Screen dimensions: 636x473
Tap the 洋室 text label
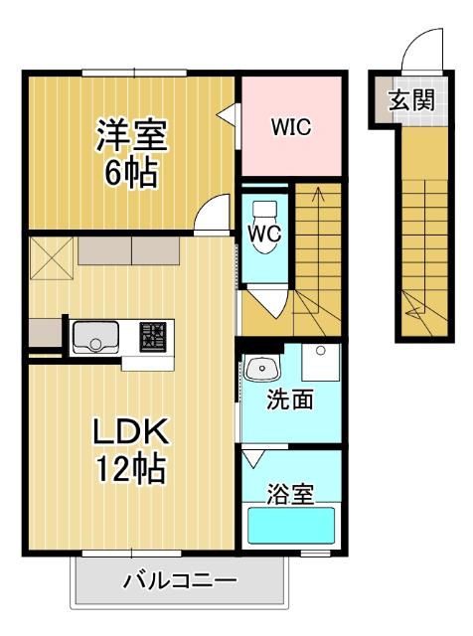coord(130,135)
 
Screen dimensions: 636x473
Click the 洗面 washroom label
coord(291,400)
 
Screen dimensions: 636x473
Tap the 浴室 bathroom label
coord(291,493)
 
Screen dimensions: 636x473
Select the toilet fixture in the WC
coord(265,213)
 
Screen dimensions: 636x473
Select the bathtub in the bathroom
coord(291,525)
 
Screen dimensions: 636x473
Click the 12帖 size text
coord(130,467)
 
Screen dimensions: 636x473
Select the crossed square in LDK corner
coord(51,259)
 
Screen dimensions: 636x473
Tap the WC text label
coord(264,236)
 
